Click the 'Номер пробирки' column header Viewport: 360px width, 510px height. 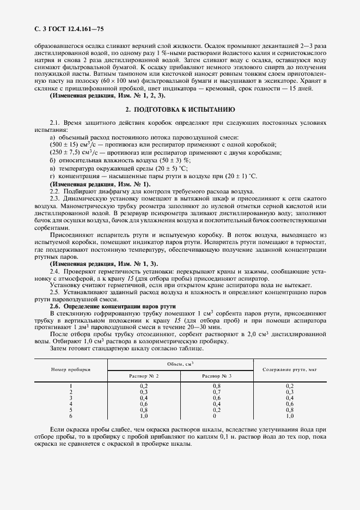tap(71, 369)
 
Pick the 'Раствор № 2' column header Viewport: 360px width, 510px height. tap(144, 376)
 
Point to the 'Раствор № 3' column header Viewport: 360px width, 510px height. tap(217, 376)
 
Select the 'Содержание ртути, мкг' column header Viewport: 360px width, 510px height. tap(290, 369)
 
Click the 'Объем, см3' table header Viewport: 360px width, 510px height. tap(180, 363)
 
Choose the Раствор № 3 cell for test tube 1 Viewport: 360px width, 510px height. tap(217, 386)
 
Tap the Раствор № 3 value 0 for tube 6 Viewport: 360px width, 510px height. tap(217, 416)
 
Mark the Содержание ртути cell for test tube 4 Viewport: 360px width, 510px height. tap(290, 404)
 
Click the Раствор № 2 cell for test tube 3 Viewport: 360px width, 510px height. tap(144, 398)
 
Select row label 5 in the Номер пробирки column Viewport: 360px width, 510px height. tap(71, 410)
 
